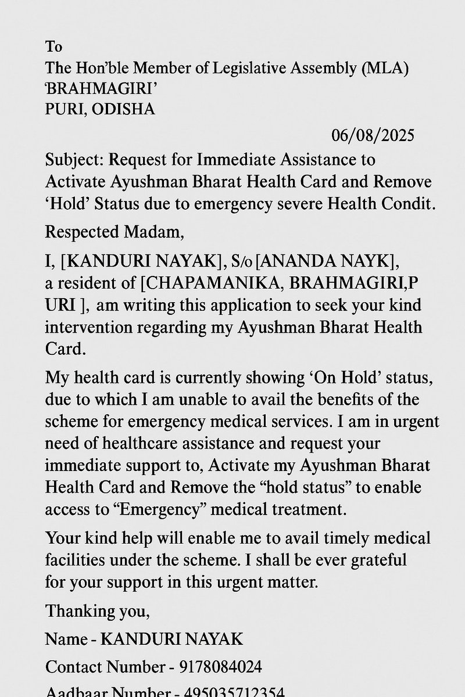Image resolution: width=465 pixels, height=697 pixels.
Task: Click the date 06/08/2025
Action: [x=373, y=136]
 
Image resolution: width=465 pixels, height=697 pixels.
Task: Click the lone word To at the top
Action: [x=53, y=46]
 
